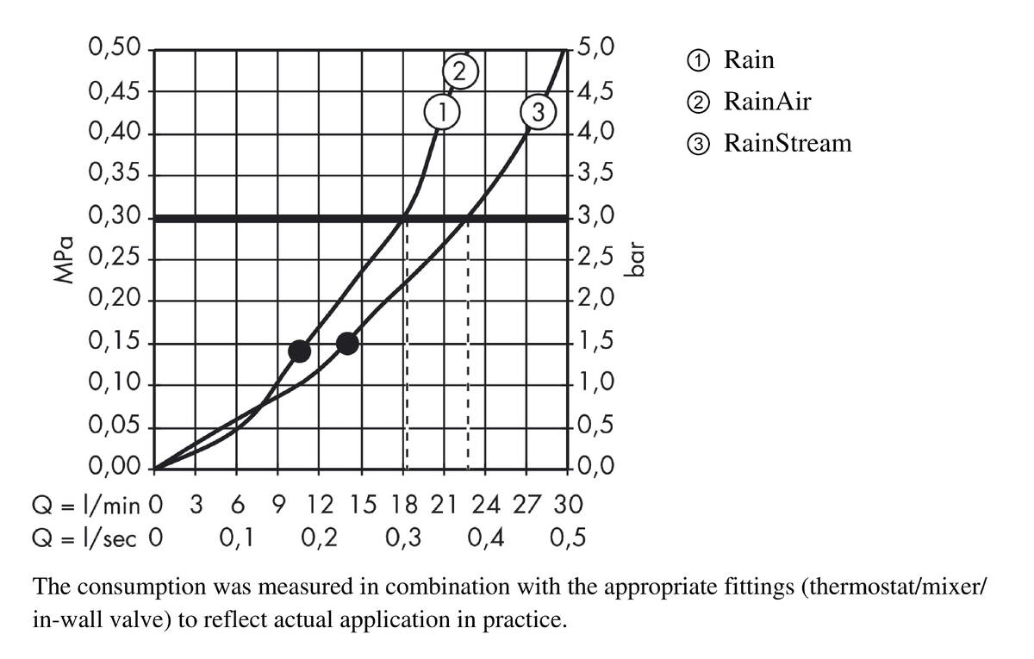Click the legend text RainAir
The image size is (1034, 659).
pyautogui.click(x=767, y=102)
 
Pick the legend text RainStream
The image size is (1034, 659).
pyautogui.click(x=787, y=142)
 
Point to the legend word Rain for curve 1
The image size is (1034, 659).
pyautogui.click(x=749, y=60)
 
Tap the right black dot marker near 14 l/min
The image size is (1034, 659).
pyautogui.click(x=347, y=343)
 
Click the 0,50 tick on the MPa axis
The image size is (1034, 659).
pyautogui.click(x=115, y=48)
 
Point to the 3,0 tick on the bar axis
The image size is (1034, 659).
pyautogui.click(x=596, y=217)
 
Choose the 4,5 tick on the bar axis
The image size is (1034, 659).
pyautogui.click(x=596, y=91)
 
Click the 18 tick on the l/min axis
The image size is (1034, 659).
pyautogui.click(x=403, y=503)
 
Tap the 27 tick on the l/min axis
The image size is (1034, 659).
pyautogui.click(x=527, y=503)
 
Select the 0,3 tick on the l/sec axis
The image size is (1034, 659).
pyautogui.click(x=404, y=539)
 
